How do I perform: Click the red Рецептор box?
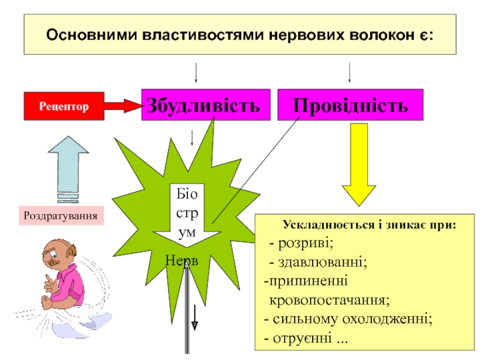(x=64, y=106)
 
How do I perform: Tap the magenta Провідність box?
(x=350, y=104)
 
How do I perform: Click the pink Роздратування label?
(x=61, y=215)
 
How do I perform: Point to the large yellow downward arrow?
(x=359, y=162)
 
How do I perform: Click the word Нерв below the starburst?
(x=182, y=260)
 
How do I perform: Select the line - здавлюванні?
(x=317, y=262)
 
